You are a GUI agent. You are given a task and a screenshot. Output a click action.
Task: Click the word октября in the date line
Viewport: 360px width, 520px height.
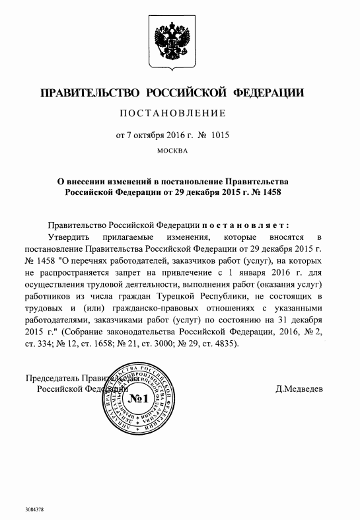click(147, 136)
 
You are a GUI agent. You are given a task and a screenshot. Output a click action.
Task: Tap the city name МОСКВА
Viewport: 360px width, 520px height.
click(174, 151)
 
